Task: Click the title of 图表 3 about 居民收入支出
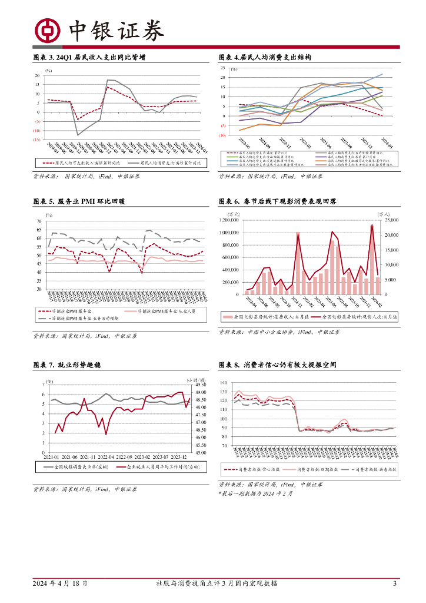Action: tap(89, 58)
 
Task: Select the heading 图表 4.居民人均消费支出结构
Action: tap(265, 58)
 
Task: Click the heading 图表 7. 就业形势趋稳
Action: tap(67, 365)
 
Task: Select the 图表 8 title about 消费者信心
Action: tap(277, 365)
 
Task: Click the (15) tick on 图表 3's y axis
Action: tap(36, 140)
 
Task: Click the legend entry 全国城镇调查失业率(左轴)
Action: tap(76, 467)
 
